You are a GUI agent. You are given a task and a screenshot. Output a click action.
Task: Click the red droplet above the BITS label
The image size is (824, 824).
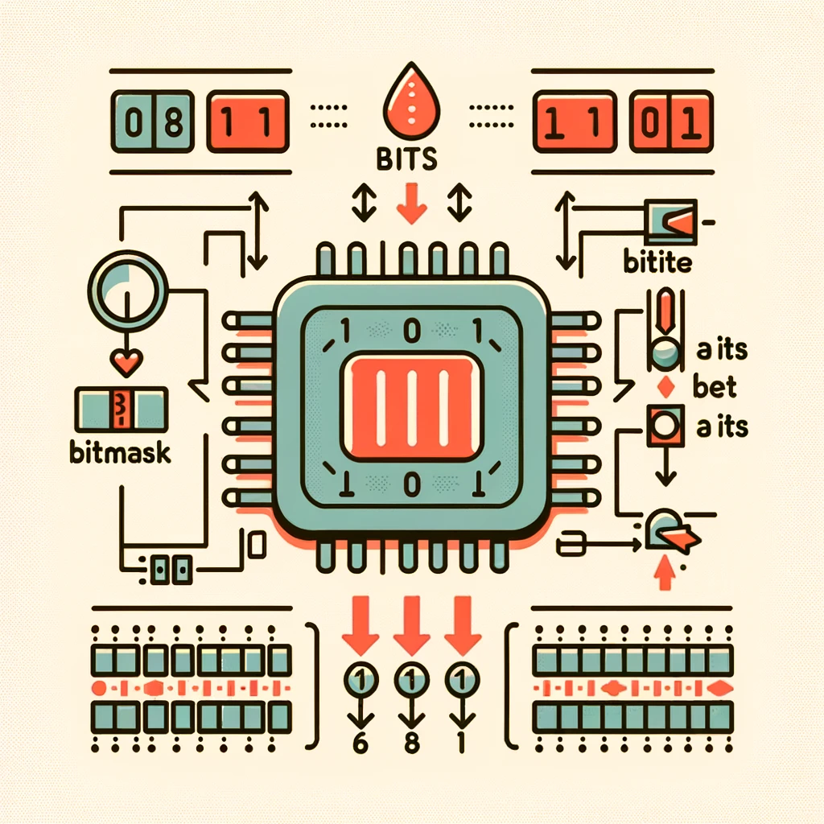coord(407,105)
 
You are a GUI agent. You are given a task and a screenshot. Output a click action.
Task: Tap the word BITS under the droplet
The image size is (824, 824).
coord(407,159)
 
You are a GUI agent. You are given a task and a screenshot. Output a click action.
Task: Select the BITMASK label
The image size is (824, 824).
coord(120,452)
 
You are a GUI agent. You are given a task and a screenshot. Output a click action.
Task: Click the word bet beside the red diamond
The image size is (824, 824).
coord(715,387)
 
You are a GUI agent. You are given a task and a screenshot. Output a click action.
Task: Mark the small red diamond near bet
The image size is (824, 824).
coord(665,387)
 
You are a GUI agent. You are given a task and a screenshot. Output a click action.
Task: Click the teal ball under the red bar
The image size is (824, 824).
coord(665,352)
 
